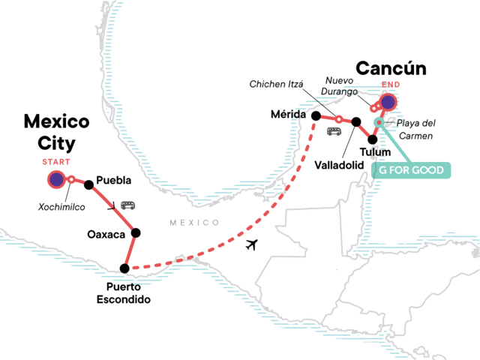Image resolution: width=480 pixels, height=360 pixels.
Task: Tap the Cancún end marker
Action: (388, 102)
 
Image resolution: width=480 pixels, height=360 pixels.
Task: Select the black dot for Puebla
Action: (89, 184)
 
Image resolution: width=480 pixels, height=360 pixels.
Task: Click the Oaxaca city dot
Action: (136, 232)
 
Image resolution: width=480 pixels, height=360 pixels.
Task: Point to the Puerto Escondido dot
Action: (124, 268)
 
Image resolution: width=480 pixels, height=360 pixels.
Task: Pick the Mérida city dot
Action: (316, 115)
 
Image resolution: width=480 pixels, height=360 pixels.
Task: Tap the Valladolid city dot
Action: (356, 121)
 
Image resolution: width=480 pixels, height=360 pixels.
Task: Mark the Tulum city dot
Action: (373, 139)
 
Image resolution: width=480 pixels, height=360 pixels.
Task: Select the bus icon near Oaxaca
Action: (128, 204)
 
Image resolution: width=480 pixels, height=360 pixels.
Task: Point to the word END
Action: (389, 85)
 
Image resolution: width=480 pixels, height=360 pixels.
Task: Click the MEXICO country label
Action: (193, 222)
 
